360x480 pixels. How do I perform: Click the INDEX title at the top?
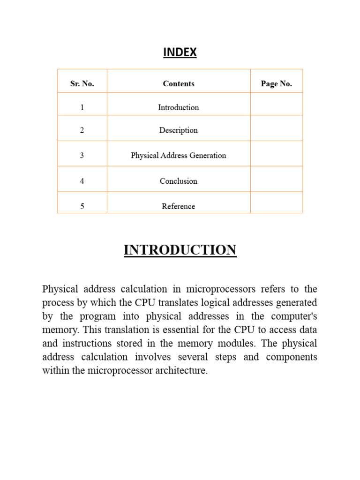click(180, 52)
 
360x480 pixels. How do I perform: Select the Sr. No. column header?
click(82, 84)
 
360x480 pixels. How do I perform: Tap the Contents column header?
click(178, 84)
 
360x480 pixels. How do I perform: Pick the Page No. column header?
click(276, 84)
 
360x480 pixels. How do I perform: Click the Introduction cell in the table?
click(178, 107)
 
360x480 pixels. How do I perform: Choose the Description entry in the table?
click(178, 130)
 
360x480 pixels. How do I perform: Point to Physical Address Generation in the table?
click(178, 155)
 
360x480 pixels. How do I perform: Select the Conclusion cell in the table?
click(178, 181)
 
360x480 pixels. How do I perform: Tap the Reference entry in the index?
click(178, 206)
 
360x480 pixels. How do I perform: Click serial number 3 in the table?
click(82, 155)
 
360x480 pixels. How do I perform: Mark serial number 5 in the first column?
click(82, 206)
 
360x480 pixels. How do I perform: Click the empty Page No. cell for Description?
click(276, 128)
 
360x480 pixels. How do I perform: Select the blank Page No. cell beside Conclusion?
click(276, 179)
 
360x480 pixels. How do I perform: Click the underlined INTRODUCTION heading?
click(180, 250)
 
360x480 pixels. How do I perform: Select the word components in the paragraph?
click(291, 357)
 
